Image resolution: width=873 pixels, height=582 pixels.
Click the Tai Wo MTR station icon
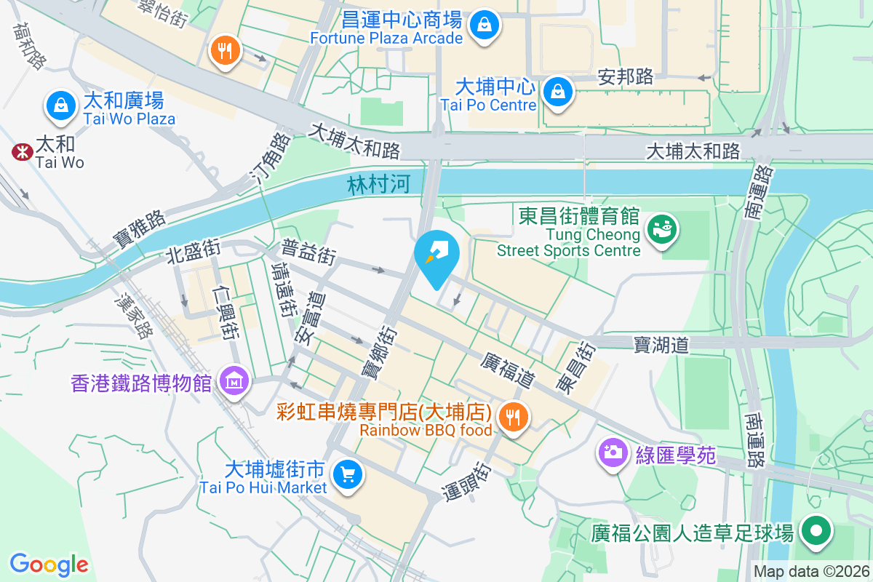tap(21, 151)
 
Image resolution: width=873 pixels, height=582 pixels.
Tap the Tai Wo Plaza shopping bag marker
tap(61, 106)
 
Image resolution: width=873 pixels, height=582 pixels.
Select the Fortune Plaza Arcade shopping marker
tap(483, 26)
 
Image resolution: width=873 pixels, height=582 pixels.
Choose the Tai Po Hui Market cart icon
tap(347, 475)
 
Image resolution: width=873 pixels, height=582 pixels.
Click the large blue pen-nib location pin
tap(436, 256)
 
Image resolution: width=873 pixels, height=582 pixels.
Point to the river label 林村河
tap(378, 185)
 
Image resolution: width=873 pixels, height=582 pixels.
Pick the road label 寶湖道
tap(661, 344)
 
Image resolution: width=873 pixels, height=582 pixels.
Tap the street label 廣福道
tap(507, 370)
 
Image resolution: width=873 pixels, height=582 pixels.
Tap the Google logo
tap(49, 564)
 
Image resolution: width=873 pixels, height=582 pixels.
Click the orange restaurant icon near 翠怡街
tap(225, 51)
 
